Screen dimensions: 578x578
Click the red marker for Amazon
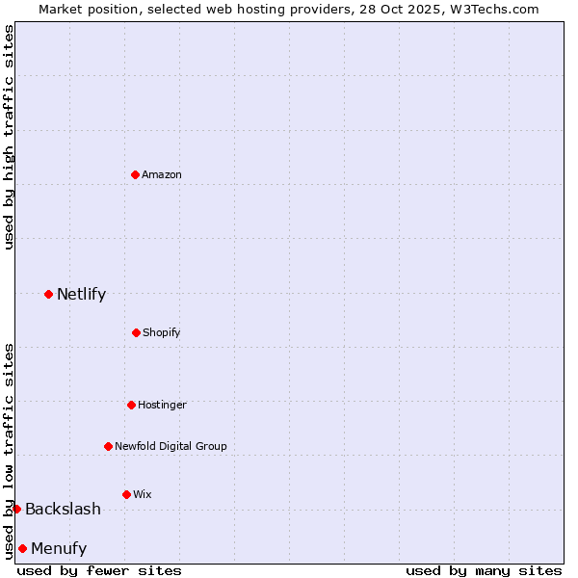coord(135,174)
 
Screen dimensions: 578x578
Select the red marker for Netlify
coord(48,294)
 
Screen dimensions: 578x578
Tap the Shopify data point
coord(136,332)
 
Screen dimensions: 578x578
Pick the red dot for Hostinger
coord(131,405)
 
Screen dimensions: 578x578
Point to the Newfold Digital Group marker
coord(108,446)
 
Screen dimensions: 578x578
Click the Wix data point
coord(126,494)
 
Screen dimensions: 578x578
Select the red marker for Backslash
coord(16,509)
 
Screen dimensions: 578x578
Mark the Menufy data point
coord(22,548)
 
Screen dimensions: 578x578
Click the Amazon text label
coord(162,174)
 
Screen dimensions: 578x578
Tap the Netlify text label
coord(81,294)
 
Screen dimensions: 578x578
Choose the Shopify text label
coord(162,332)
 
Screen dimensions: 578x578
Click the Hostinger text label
coord(162,405)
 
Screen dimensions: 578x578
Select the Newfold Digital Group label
coord(171,446)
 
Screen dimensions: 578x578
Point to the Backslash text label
coord(63,509)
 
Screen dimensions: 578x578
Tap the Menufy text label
coord(59,548)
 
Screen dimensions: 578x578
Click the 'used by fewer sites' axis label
coord(99,570)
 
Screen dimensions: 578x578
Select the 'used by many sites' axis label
coord(484,570)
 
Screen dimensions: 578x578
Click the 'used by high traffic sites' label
coord(9,137)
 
